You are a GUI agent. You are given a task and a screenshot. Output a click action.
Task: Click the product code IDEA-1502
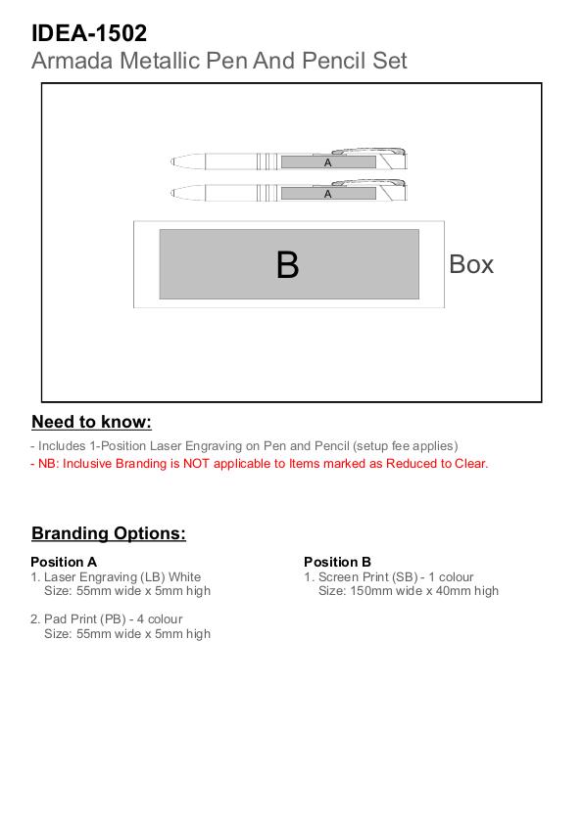89,33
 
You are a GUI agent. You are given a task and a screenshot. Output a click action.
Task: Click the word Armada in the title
73,61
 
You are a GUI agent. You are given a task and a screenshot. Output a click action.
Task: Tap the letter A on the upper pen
328,162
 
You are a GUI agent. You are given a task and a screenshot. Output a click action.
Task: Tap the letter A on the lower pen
328,194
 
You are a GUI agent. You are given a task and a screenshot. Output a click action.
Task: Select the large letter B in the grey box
287,265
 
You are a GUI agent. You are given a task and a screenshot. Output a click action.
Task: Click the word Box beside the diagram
471,264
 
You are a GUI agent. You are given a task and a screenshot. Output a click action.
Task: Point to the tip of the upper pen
171,161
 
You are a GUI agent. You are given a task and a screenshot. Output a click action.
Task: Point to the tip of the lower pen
171,193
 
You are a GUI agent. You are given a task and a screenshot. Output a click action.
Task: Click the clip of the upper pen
368,151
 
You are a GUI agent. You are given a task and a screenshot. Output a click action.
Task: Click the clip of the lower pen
368,183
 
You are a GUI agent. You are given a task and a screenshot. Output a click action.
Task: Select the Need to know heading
91,422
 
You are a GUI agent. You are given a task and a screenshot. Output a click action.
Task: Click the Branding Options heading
109,533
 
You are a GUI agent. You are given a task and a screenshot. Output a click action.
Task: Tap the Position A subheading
64,562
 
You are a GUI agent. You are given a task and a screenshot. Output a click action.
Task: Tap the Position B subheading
337,562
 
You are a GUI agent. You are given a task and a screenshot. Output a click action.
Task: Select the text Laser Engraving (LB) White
121,577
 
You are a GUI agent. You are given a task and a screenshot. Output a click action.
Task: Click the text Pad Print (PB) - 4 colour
113,619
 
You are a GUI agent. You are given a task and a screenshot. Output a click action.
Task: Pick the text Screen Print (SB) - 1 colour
396,577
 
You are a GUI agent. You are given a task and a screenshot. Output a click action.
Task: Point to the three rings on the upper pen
267,161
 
